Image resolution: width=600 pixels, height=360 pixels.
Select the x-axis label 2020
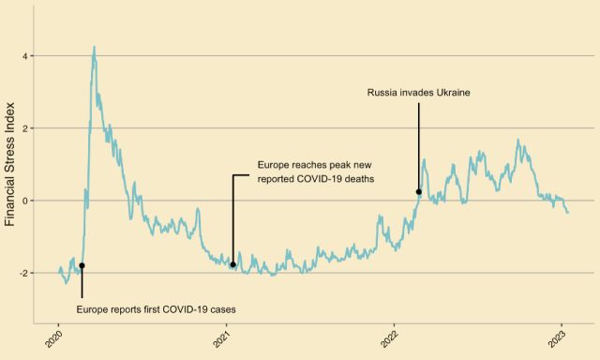pyautogui.click(x=54, y=337)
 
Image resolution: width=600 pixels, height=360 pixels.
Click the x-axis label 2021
pyautogui.click(x=222, y=337)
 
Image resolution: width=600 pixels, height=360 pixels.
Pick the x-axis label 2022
pyautogui.click(x=390, y=337)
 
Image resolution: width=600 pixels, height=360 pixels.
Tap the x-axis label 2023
pyautogui.click(x=558, y=337)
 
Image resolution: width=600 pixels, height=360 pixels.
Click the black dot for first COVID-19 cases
pyautogui.click(x=82, y=265)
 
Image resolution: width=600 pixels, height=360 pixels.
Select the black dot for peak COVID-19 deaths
pyautogui.click(x=232, y=264)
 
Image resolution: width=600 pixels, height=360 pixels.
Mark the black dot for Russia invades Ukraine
pyautogui.click(x=419, y=192)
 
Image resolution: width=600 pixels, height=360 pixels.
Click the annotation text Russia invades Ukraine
pyautogui.click(x=418, y=93)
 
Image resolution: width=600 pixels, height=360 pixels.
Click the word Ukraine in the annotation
pyautogui.click(x=451, y=93)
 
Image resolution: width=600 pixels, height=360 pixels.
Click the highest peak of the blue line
pyautogui.click(x=94, y=46)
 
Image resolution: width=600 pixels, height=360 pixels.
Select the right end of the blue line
pyautogui.click(x=568, y=213)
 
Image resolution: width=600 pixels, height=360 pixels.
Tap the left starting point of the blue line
pyautogui.click(x=59, y=271)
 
